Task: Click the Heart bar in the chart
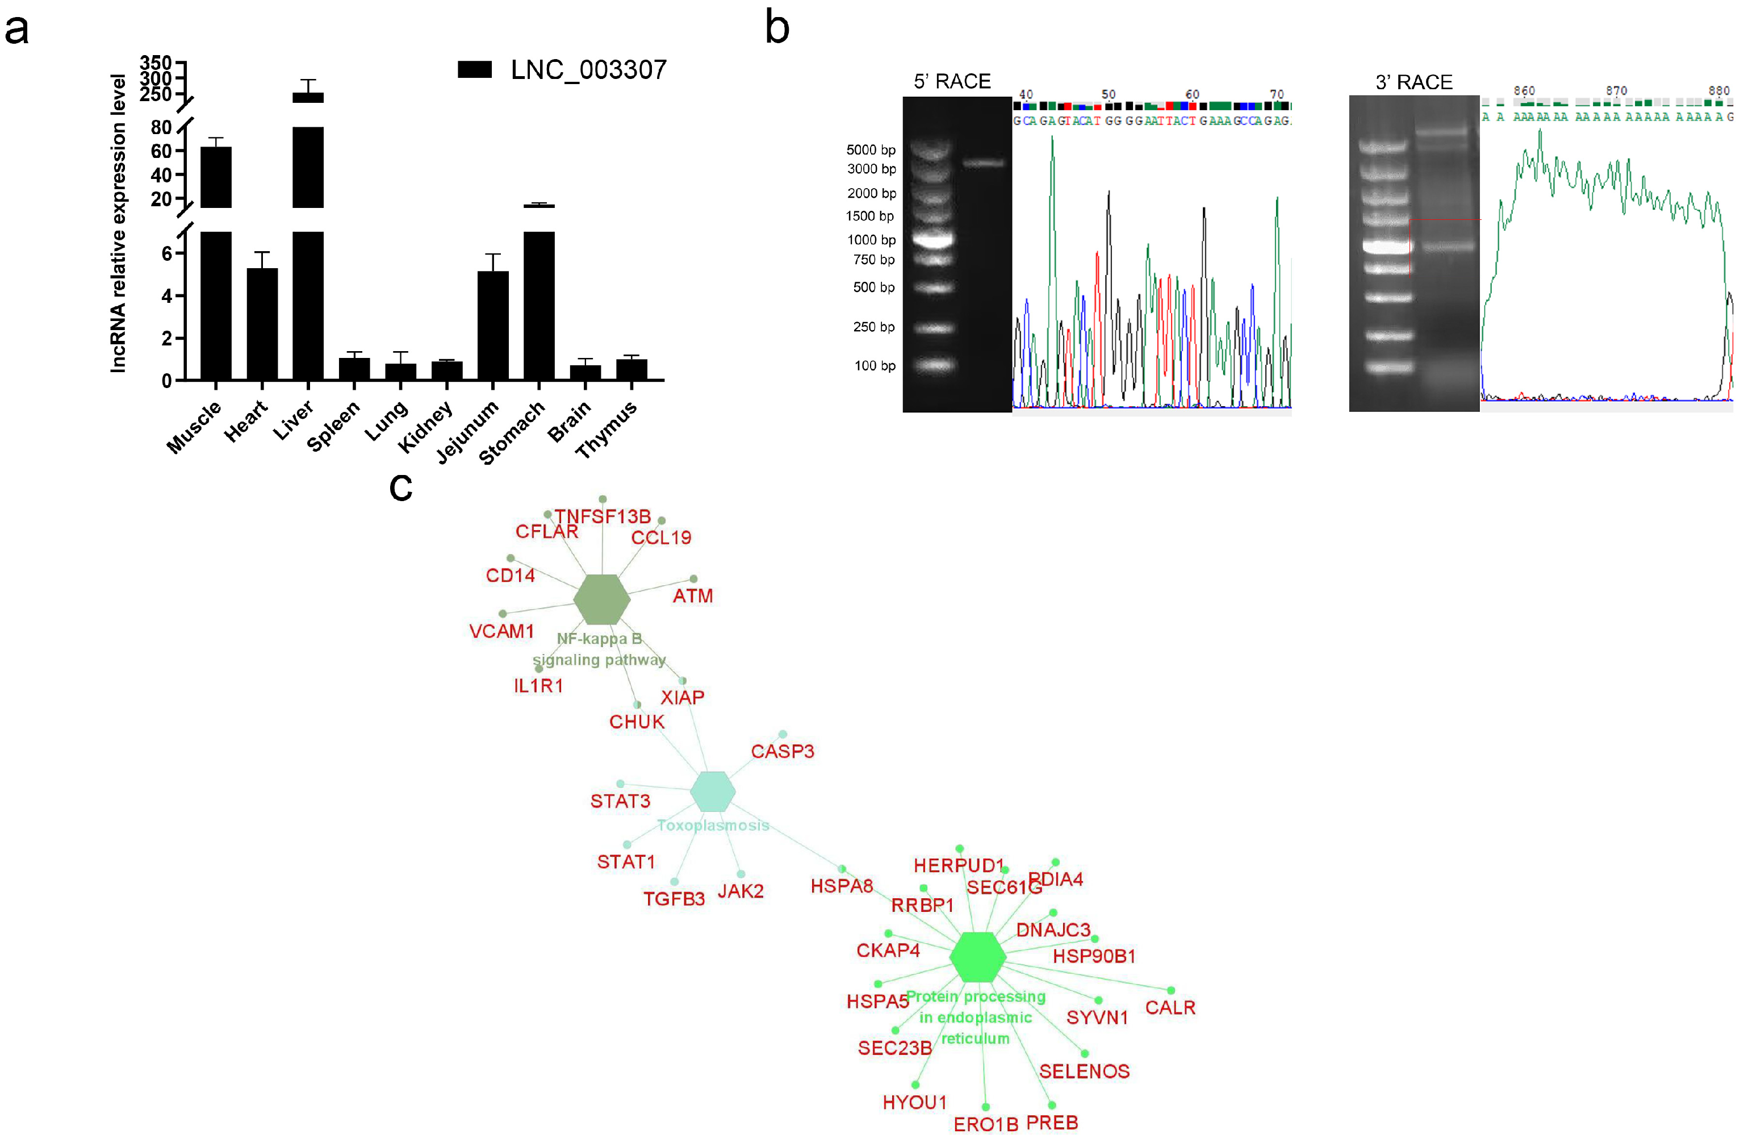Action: (x=262, y=323)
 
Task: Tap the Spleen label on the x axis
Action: (x=333, y=426)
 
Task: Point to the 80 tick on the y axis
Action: (x=161, y=127)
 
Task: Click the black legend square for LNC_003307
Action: (x=474, y=70)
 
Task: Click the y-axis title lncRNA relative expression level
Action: (x=118, y=223)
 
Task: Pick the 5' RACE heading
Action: (x=952, y=81)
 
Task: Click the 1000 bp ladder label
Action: (x=871, y=240)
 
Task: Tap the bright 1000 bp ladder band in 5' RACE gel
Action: (x=933, y=239)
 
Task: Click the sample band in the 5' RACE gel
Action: (x=984, y=162)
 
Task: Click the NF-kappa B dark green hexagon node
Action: (x=601, y=599)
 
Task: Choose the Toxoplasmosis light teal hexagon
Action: (x=712, y=791)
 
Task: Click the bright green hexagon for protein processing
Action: (x=977, y=957)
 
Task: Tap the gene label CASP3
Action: (x=782, y=751)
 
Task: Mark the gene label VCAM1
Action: (x=501, y=631)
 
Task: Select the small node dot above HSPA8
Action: (x=842, y=869)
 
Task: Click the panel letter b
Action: (x=777, y=28)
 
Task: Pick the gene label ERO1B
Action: (x=986, y=1124)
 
